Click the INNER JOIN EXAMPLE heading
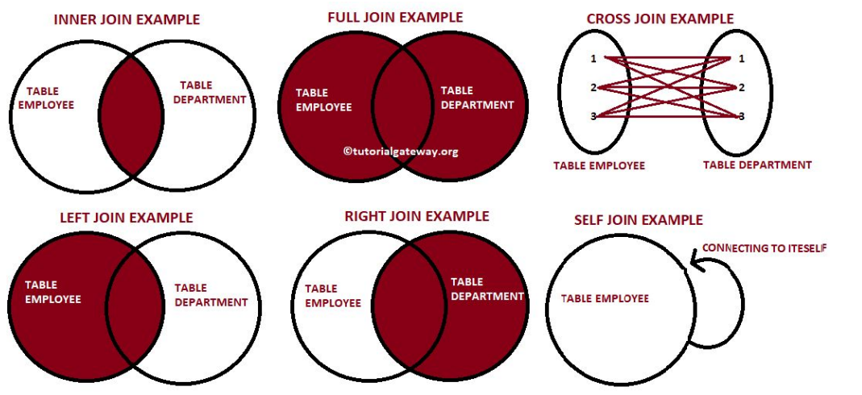[x=127, y=19]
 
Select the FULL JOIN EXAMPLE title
[x=395, y=17]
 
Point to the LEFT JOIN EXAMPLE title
[x=127, y=218]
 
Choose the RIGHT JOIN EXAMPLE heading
[x=416, y=216]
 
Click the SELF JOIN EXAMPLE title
[x=638, y=220]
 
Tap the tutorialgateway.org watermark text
[x=400, y=151]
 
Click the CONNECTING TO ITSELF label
[x=764, y=248]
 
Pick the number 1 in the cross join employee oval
[x=593, y=59]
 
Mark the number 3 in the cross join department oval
[x=741, y=116]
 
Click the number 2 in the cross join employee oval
[x=593, y=87]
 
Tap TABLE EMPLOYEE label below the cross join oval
[x=598, y=165]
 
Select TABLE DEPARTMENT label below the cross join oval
[x=756, y=164]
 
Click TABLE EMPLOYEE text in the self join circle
[x=604, y=298]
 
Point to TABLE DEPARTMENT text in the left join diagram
[x=210, y=295]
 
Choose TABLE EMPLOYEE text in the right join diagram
[x=332, y=296]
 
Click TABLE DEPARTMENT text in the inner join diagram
[x=212, y=93]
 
